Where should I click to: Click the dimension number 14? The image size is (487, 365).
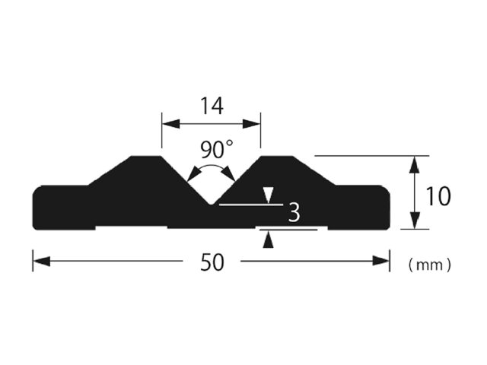pyautogui.click(x=212, y=106)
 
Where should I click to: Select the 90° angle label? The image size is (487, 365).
pyautogui.click(x=216, y=149)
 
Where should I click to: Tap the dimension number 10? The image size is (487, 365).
pyautogui.click(x=438, y=196)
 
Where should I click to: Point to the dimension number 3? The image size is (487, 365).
pyautogui.click(x=294, y=212)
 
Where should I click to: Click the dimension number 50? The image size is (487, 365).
pyautogui.click(x=212, y=262)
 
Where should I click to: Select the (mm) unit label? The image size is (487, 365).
pyautogui.click(x=429, y=265)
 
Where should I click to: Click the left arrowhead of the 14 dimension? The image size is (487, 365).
pyautogui.click(x=171, y=124)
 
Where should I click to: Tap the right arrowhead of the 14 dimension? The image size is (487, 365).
pyautogui.click(x=251, y=124)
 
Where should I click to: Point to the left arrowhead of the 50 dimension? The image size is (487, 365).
pyautogui.click(x=42, y=261)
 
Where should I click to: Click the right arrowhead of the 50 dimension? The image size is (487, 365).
pyautogui.click(x=380, y=261)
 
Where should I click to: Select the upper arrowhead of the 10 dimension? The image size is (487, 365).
pyautogui.click(x=415, y=164)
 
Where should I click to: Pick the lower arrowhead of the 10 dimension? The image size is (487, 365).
pyautogui.click(x=415, y=221)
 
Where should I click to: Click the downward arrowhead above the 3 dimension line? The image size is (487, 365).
pyautogui.click(x=269, y=195)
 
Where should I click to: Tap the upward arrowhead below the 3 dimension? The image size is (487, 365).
pyautogui.click(x=269, y=240)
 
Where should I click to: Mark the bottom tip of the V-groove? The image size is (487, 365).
pyautogui.click(x=212, y=205)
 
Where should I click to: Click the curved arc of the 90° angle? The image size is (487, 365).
pyautogui.click(x=212, y=167)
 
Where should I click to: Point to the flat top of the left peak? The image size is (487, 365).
pyautogui.click(x=146, y=156)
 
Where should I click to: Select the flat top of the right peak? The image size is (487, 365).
pyautogui.click(x=276, y=156)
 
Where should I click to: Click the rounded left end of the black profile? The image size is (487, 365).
pyautogui.click(x=33, y=208)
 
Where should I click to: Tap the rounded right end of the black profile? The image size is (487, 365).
pyautogui.click(x=389, y=208)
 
